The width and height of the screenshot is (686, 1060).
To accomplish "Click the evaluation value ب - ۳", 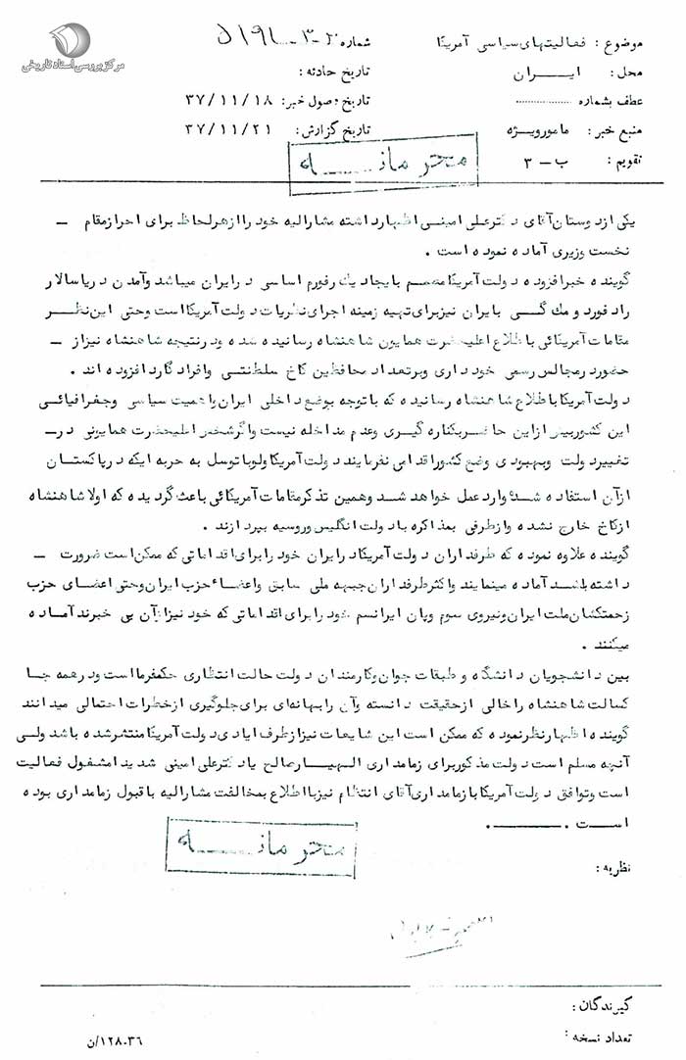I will tap(548, 157).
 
